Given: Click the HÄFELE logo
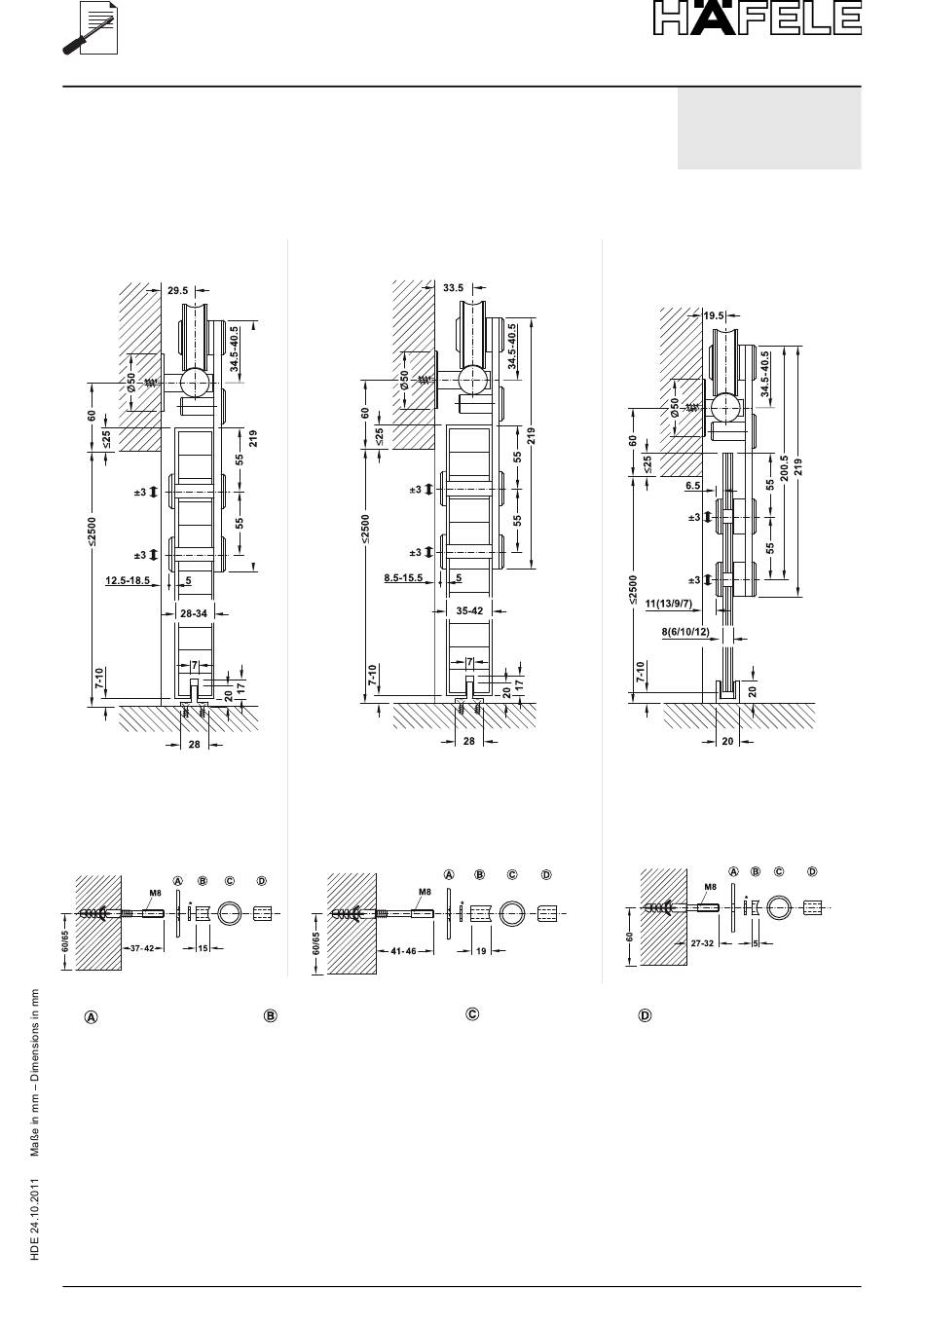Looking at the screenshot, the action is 758,18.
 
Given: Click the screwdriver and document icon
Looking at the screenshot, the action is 91,28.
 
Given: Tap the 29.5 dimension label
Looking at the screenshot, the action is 177,290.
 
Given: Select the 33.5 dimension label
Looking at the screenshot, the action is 453,288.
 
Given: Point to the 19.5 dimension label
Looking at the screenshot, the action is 714,315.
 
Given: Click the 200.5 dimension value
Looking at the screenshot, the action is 785,468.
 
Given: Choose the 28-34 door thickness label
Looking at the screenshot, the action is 194,613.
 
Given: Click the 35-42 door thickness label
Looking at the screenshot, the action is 470,610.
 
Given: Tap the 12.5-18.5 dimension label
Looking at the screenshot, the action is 128,580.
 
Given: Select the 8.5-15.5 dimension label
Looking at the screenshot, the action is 403,577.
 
